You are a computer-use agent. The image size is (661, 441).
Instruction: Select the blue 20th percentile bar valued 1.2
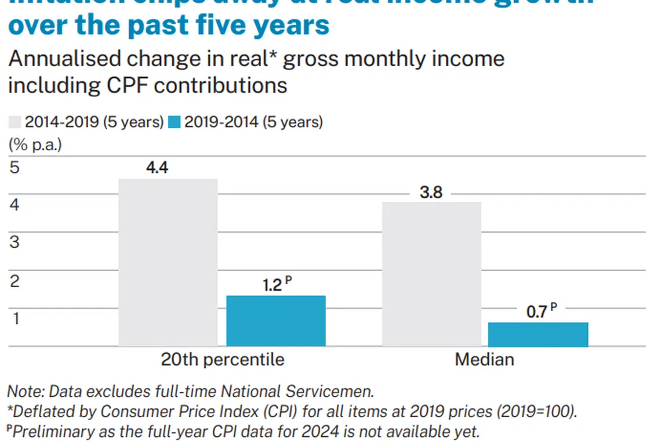[275, 321]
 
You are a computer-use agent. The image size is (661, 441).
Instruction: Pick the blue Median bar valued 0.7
[538, 335]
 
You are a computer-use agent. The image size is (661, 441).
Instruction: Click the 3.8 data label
[431, 192]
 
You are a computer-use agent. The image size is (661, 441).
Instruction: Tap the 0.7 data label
[536, 312]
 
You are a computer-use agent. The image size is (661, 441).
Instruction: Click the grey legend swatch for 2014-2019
[15, 122]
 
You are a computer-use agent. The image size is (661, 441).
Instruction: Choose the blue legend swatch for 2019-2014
[175, 122]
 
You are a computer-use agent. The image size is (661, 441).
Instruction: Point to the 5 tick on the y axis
[14, 167]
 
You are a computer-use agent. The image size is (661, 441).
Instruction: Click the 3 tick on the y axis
[14, 242]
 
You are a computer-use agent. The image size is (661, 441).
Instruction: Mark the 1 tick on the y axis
[14, 318]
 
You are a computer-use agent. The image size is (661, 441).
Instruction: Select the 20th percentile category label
[223, 360]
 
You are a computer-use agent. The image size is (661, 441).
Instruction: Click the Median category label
[484, 360]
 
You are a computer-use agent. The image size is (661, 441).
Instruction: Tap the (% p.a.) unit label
[35, 144]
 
